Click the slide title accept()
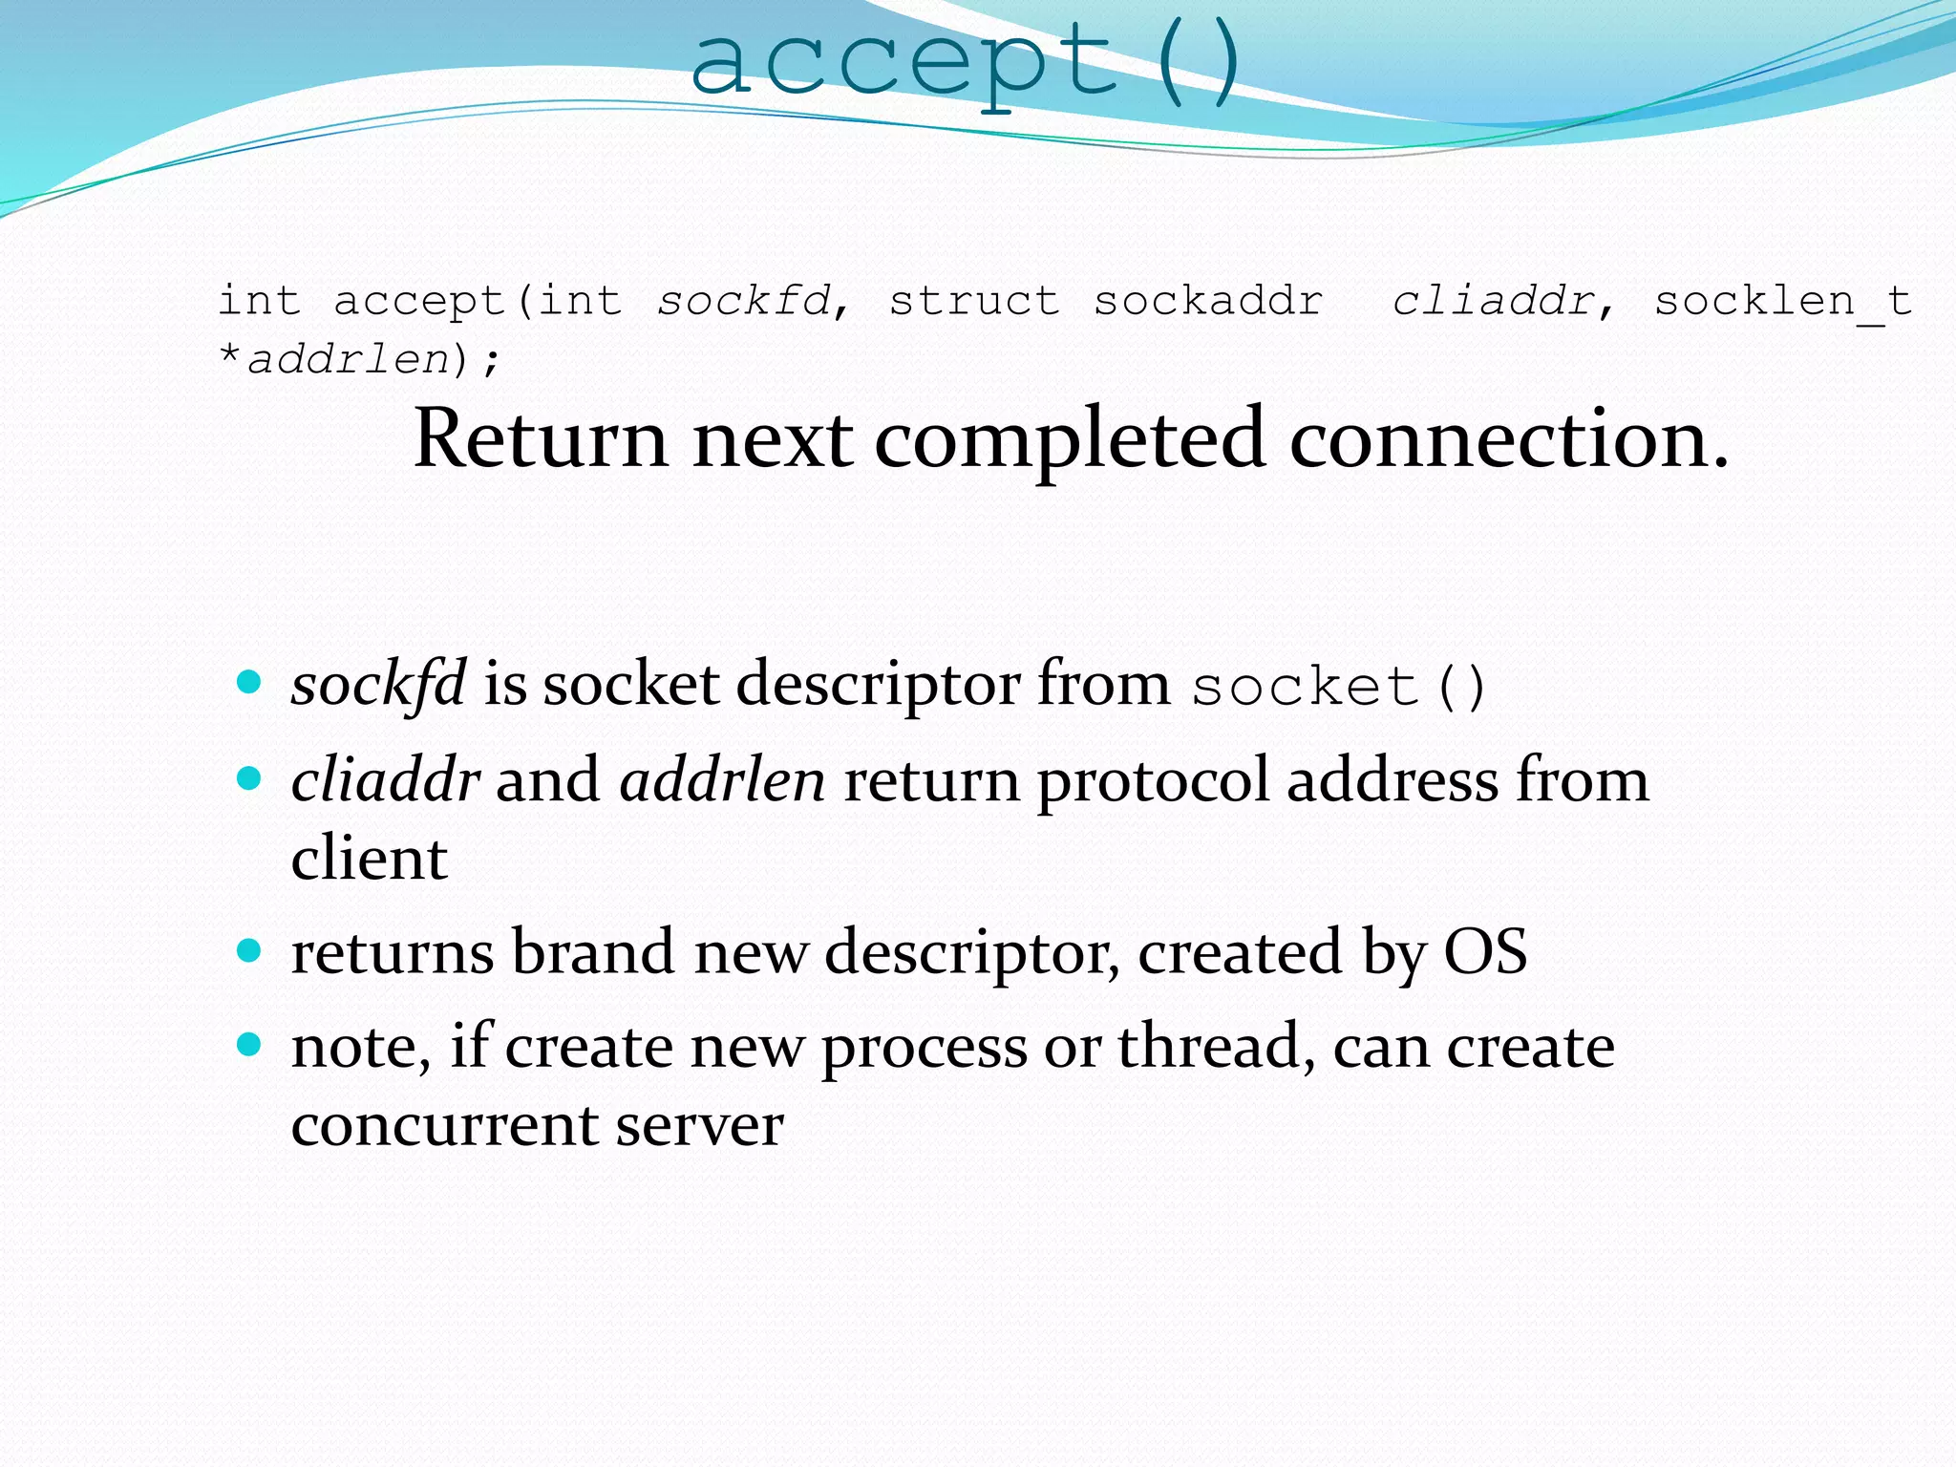(x=965, y=63)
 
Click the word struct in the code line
(x=974, y=302)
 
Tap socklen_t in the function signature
(x=1782, y=302)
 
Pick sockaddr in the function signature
(x=1208, y=302)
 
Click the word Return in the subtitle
(x=541, y=439)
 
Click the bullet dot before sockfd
(x=249, y=682)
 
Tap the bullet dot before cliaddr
(x=249, y=778)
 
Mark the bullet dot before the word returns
(x=249, y=950)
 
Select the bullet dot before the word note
(x=249, y=1045)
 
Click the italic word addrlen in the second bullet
(x=722, y=780)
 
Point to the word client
(x=369, y=859)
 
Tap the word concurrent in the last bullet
(x=444, y=1125)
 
